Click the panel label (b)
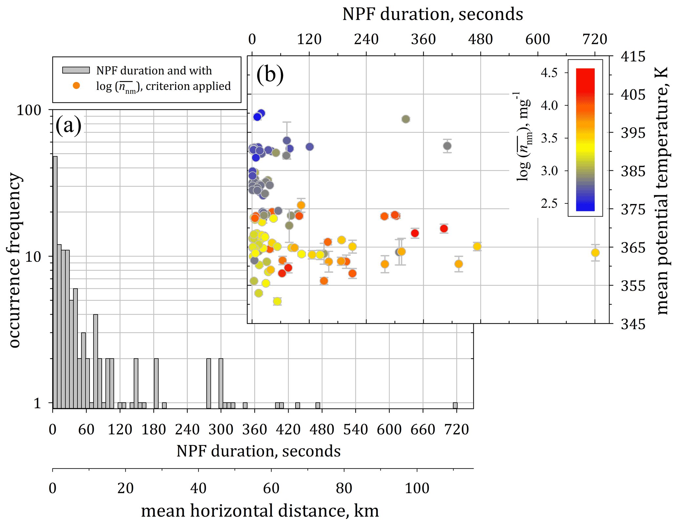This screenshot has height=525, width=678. point(270,75)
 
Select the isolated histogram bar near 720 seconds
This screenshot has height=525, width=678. point(455,405)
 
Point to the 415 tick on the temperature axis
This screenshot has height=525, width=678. point(633,57)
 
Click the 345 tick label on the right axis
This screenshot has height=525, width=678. point(633,324)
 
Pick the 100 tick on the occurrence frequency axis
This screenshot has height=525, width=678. point(29,110)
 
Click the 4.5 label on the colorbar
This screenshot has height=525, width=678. point(549,73)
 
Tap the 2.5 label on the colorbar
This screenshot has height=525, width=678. point(549,204)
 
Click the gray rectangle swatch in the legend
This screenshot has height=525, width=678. point(76,70)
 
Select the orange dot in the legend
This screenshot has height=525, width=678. point(76,86)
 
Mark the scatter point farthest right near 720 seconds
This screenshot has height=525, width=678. point(595,253)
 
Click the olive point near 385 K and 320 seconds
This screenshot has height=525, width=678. point(406,119)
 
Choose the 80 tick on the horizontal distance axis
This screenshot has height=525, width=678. point(344,488)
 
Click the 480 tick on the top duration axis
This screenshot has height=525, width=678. point(480,40)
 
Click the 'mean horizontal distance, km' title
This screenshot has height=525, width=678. point(260,511)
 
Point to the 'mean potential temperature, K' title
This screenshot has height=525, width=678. point(663,190)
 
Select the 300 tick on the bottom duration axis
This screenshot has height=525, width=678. point(221,430)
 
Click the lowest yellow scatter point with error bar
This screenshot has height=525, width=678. point(277,301)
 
